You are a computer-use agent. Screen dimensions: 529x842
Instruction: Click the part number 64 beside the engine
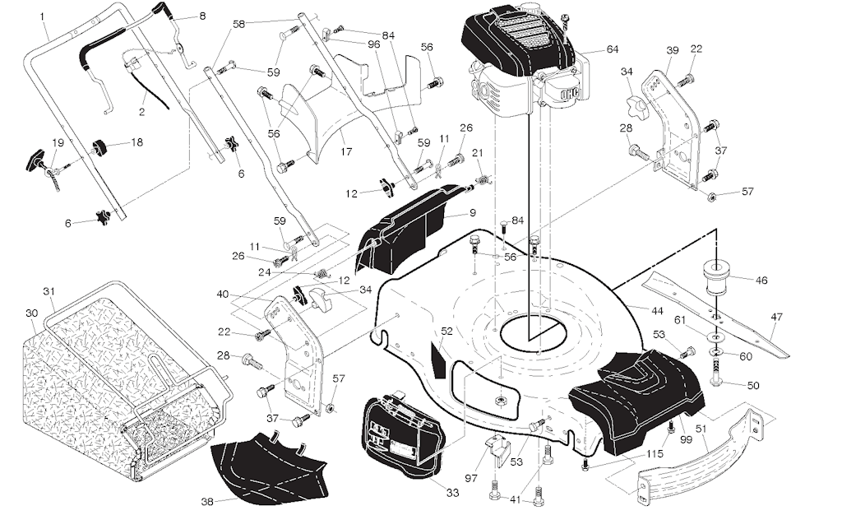pos(612,49)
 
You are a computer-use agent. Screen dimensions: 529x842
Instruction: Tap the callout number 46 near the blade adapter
pos(761,281)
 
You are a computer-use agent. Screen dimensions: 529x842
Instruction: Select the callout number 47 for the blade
pos(777,317)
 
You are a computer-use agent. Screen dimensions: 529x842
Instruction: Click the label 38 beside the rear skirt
pos(206,501)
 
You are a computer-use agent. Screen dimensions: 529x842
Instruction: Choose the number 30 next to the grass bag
pos(31,313)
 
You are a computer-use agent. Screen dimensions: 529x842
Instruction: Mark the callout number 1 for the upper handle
pos(42,16)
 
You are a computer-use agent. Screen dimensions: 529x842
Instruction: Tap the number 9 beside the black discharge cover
pos(473,213)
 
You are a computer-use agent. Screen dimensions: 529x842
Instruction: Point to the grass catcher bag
pos(90,387)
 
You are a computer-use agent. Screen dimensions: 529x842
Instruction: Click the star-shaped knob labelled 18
pos(100,146)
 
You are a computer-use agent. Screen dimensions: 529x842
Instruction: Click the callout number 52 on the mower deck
pos(446,332)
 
